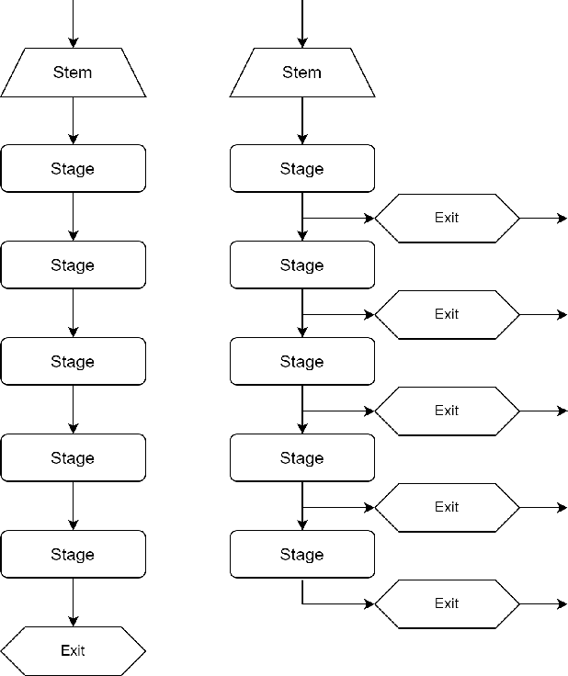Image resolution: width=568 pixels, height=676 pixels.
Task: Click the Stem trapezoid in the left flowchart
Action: [73, 73]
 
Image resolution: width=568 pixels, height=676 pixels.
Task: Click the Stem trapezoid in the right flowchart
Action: [301, 73]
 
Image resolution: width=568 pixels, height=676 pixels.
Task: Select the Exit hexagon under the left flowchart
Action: [73, 650]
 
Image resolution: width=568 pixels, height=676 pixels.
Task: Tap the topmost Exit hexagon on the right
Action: [447, 218]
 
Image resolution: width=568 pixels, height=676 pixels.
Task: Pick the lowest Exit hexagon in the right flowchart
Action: [447, 603]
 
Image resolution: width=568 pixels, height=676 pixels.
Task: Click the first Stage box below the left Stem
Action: [73, 168]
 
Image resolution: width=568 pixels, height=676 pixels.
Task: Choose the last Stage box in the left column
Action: [73, 554]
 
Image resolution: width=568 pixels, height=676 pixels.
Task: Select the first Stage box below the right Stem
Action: [301, 168]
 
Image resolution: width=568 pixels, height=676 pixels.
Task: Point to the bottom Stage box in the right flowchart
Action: [301, 554]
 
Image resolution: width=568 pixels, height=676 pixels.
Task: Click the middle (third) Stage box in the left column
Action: [73, 361]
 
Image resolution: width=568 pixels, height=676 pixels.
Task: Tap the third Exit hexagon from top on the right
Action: [447, 411]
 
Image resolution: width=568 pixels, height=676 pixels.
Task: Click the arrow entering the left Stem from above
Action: [73, 23]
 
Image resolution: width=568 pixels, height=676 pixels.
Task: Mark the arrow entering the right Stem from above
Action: [302, 23]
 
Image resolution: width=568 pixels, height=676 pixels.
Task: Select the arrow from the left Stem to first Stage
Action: [73, 120]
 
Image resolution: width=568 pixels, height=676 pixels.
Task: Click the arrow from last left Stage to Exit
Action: [73, 603]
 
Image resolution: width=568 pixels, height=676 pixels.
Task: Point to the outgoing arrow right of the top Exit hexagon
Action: [544, 219]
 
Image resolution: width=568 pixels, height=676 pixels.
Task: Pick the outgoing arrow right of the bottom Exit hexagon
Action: [544, 604]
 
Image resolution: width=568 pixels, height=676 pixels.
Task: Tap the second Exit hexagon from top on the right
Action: [447, 314]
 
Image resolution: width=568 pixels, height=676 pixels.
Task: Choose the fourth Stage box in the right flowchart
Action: [301, 457]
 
